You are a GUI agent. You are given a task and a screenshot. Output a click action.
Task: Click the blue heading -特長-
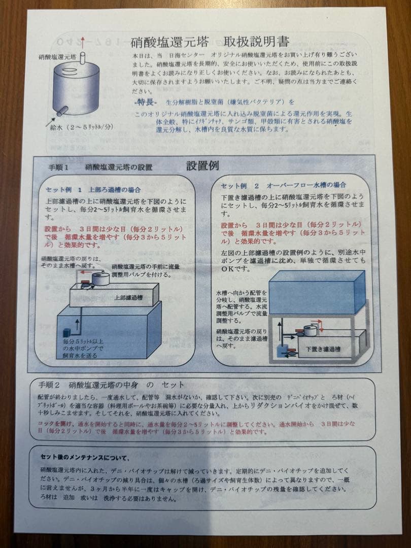[146, 102]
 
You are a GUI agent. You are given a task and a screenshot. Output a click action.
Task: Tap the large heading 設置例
[202, 166]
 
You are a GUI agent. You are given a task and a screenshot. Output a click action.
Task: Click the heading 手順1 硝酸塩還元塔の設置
[100, 167]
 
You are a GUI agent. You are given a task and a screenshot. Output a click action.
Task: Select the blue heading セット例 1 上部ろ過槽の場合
[93, 190]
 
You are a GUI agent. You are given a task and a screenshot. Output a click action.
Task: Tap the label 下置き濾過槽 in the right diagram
[323, 349]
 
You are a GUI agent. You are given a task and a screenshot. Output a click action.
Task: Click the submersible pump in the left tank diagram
[65, 332]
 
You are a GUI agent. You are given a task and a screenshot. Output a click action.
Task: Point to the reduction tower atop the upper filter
[100, 279]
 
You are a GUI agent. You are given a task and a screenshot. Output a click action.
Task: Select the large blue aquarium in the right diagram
[316, 293]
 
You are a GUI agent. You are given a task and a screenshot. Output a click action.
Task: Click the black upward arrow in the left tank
[78, 326]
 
